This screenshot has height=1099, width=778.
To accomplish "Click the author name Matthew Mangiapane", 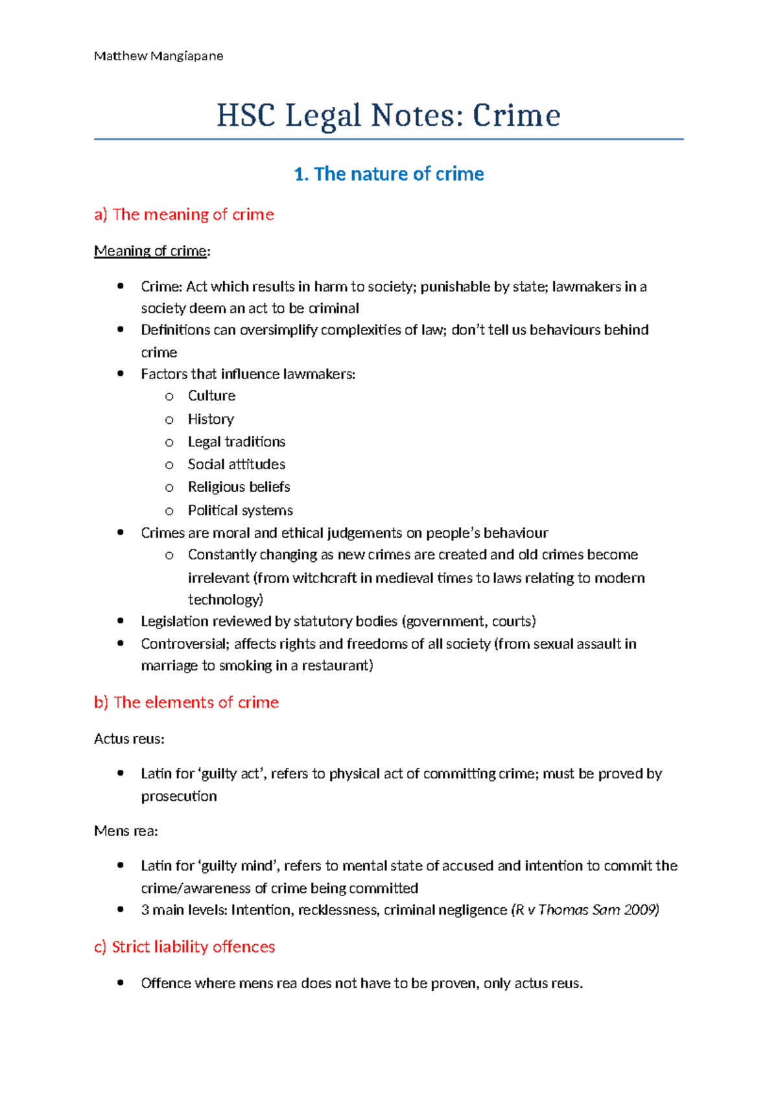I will click(x=158, y=56).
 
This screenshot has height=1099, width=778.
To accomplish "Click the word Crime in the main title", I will click(x=515, y=116).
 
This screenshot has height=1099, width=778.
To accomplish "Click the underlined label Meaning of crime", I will click(x=150, y=251).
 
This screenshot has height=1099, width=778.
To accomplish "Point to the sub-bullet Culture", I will click(x=211, y=396).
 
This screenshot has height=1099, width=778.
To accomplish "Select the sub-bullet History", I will click(x=211, y=419).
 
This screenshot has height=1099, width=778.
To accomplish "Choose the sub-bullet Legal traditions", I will click(x=237, y=442).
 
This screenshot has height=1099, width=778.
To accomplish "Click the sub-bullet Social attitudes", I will click(x=237, y=465).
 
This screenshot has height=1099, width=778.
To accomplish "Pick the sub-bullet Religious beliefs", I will click(x=239, y=487).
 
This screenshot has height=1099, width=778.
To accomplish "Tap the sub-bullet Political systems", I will click(x=240, y=511).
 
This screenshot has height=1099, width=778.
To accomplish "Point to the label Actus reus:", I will click(x=129, y=739).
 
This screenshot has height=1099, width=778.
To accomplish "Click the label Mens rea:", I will click(x=126, y=831).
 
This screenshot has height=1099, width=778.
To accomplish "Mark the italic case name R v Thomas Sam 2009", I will click(x=585, y=910).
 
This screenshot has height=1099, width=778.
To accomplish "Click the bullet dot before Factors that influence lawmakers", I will click(x=120, y=374).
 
